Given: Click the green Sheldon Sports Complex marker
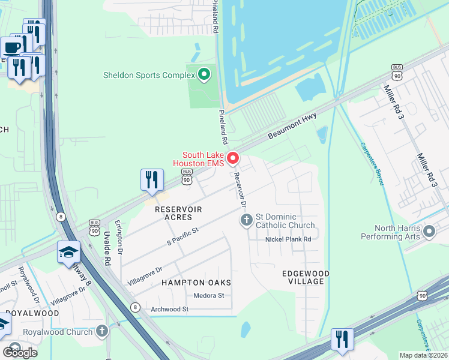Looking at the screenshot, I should click(204, 75).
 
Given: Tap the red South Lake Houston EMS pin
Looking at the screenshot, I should click(232, 158).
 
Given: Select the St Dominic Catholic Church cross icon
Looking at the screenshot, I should click(246, 221).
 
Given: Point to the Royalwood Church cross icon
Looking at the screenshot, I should click(102, 331).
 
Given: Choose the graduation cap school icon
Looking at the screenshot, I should click(69, 253).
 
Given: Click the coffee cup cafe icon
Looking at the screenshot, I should click(11, 47).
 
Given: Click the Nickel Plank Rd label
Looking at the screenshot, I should click(288, 239).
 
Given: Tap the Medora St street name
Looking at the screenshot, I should click(209, 295).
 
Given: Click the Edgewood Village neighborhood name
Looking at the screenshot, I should click(306, 277).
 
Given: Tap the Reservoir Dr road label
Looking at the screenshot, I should click(240, 190).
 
